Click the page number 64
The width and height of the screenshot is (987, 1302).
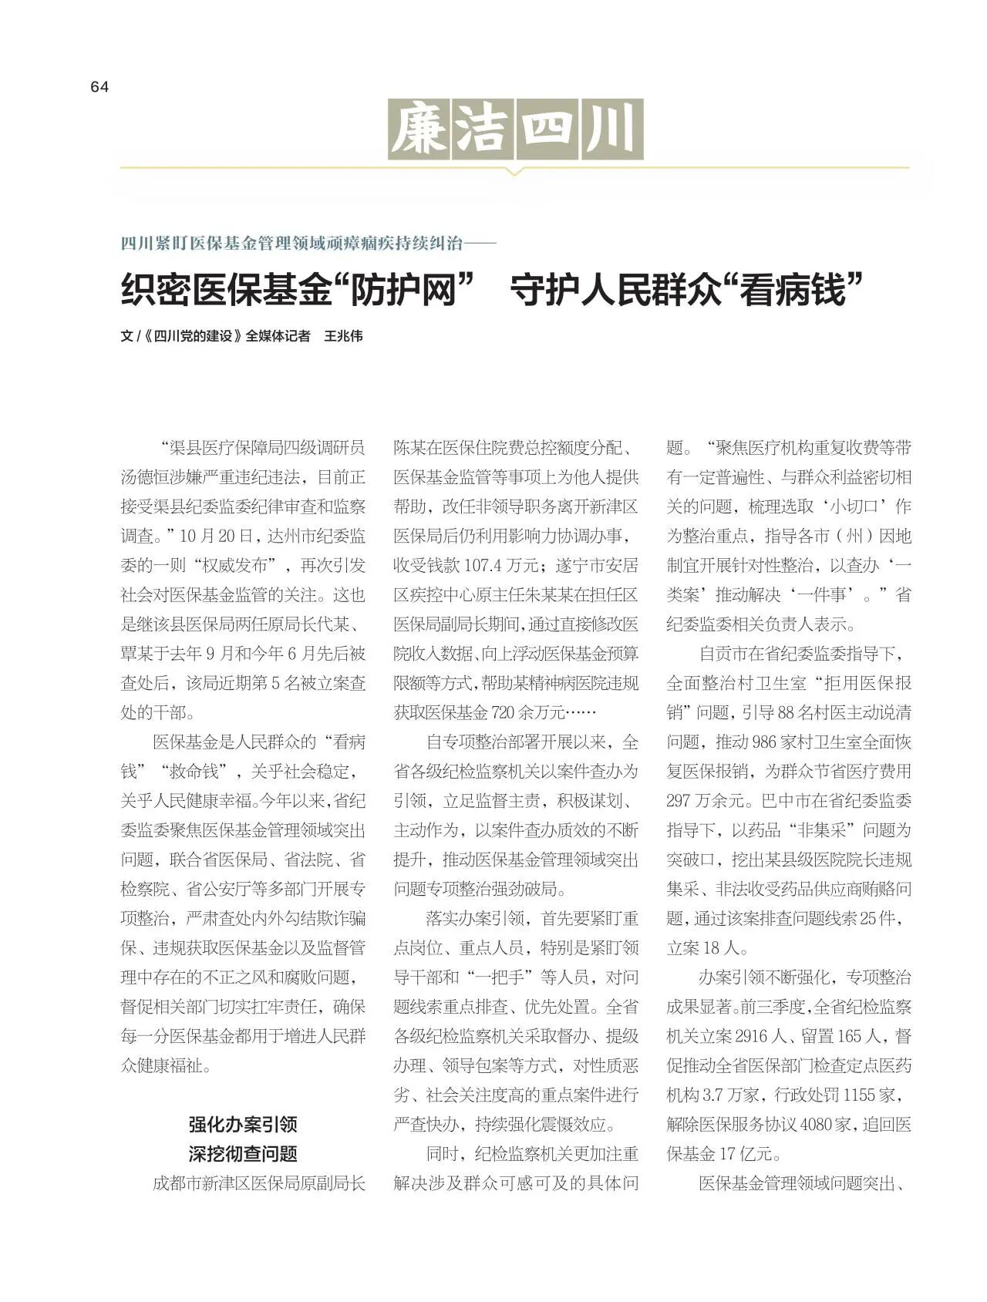click(x=99, y=87)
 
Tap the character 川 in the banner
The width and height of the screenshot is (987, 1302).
click(x=612, y=130)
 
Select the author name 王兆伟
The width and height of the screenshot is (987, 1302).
click(x=343, y=336)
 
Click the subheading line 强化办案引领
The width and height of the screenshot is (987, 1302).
click(x=243, y=1124)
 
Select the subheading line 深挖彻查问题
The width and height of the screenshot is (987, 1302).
click(x=243, y=1154)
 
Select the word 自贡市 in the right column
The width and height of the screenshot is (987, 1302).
click(x=723, y=654)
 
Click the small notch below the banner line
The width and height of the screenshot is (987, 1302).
click(x=514, y=173)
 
